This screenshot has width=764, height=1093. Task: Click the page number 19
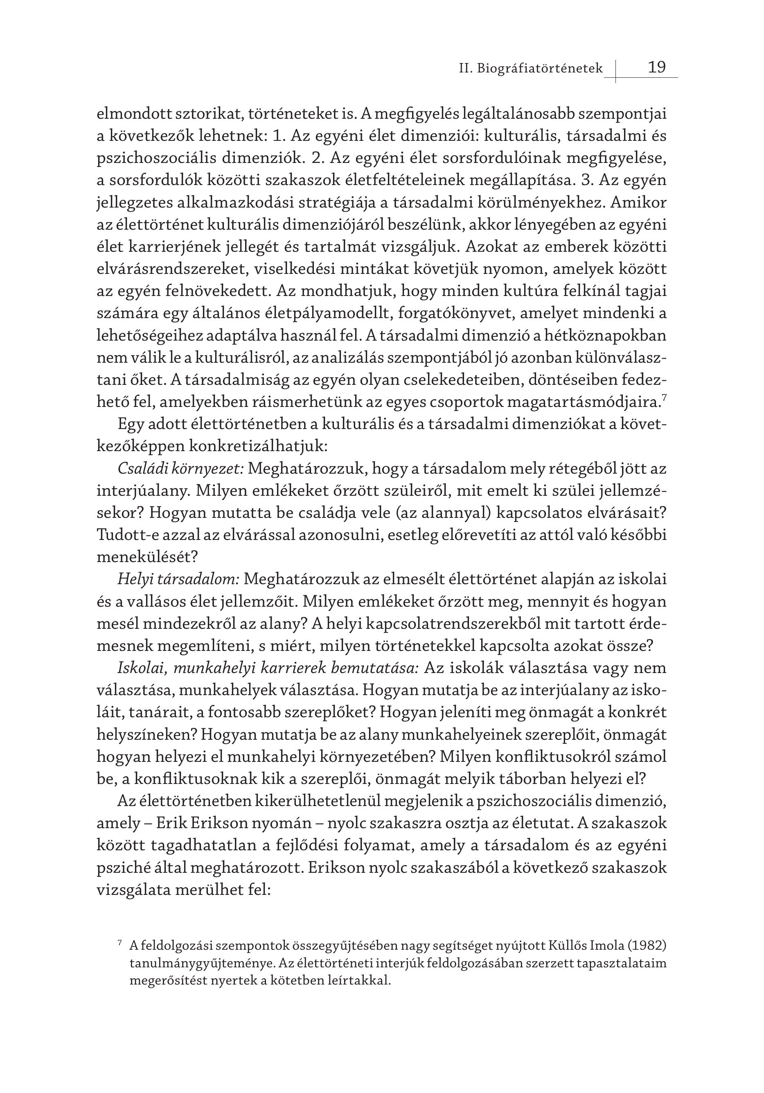657,67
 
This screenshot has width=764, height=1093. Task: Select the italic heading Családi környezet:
181,470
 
